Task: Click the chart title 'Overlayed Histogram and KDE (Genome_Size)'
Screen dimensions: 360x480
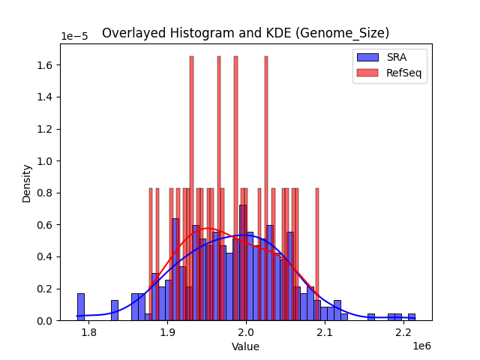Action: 245,33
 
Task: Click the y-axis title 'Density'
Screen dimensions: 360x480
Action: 27,182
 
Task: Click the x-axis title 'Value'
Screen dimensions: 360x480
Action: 245,346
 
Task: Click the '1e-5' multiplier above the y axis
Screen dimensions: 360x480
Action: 73,37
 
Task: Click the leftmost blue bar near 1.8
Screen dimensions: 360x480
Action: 81,307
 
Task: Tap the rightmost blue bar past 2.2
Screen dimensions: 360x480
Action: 412,317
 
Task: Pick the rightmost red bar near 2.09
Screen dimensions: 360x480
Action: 317,254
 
